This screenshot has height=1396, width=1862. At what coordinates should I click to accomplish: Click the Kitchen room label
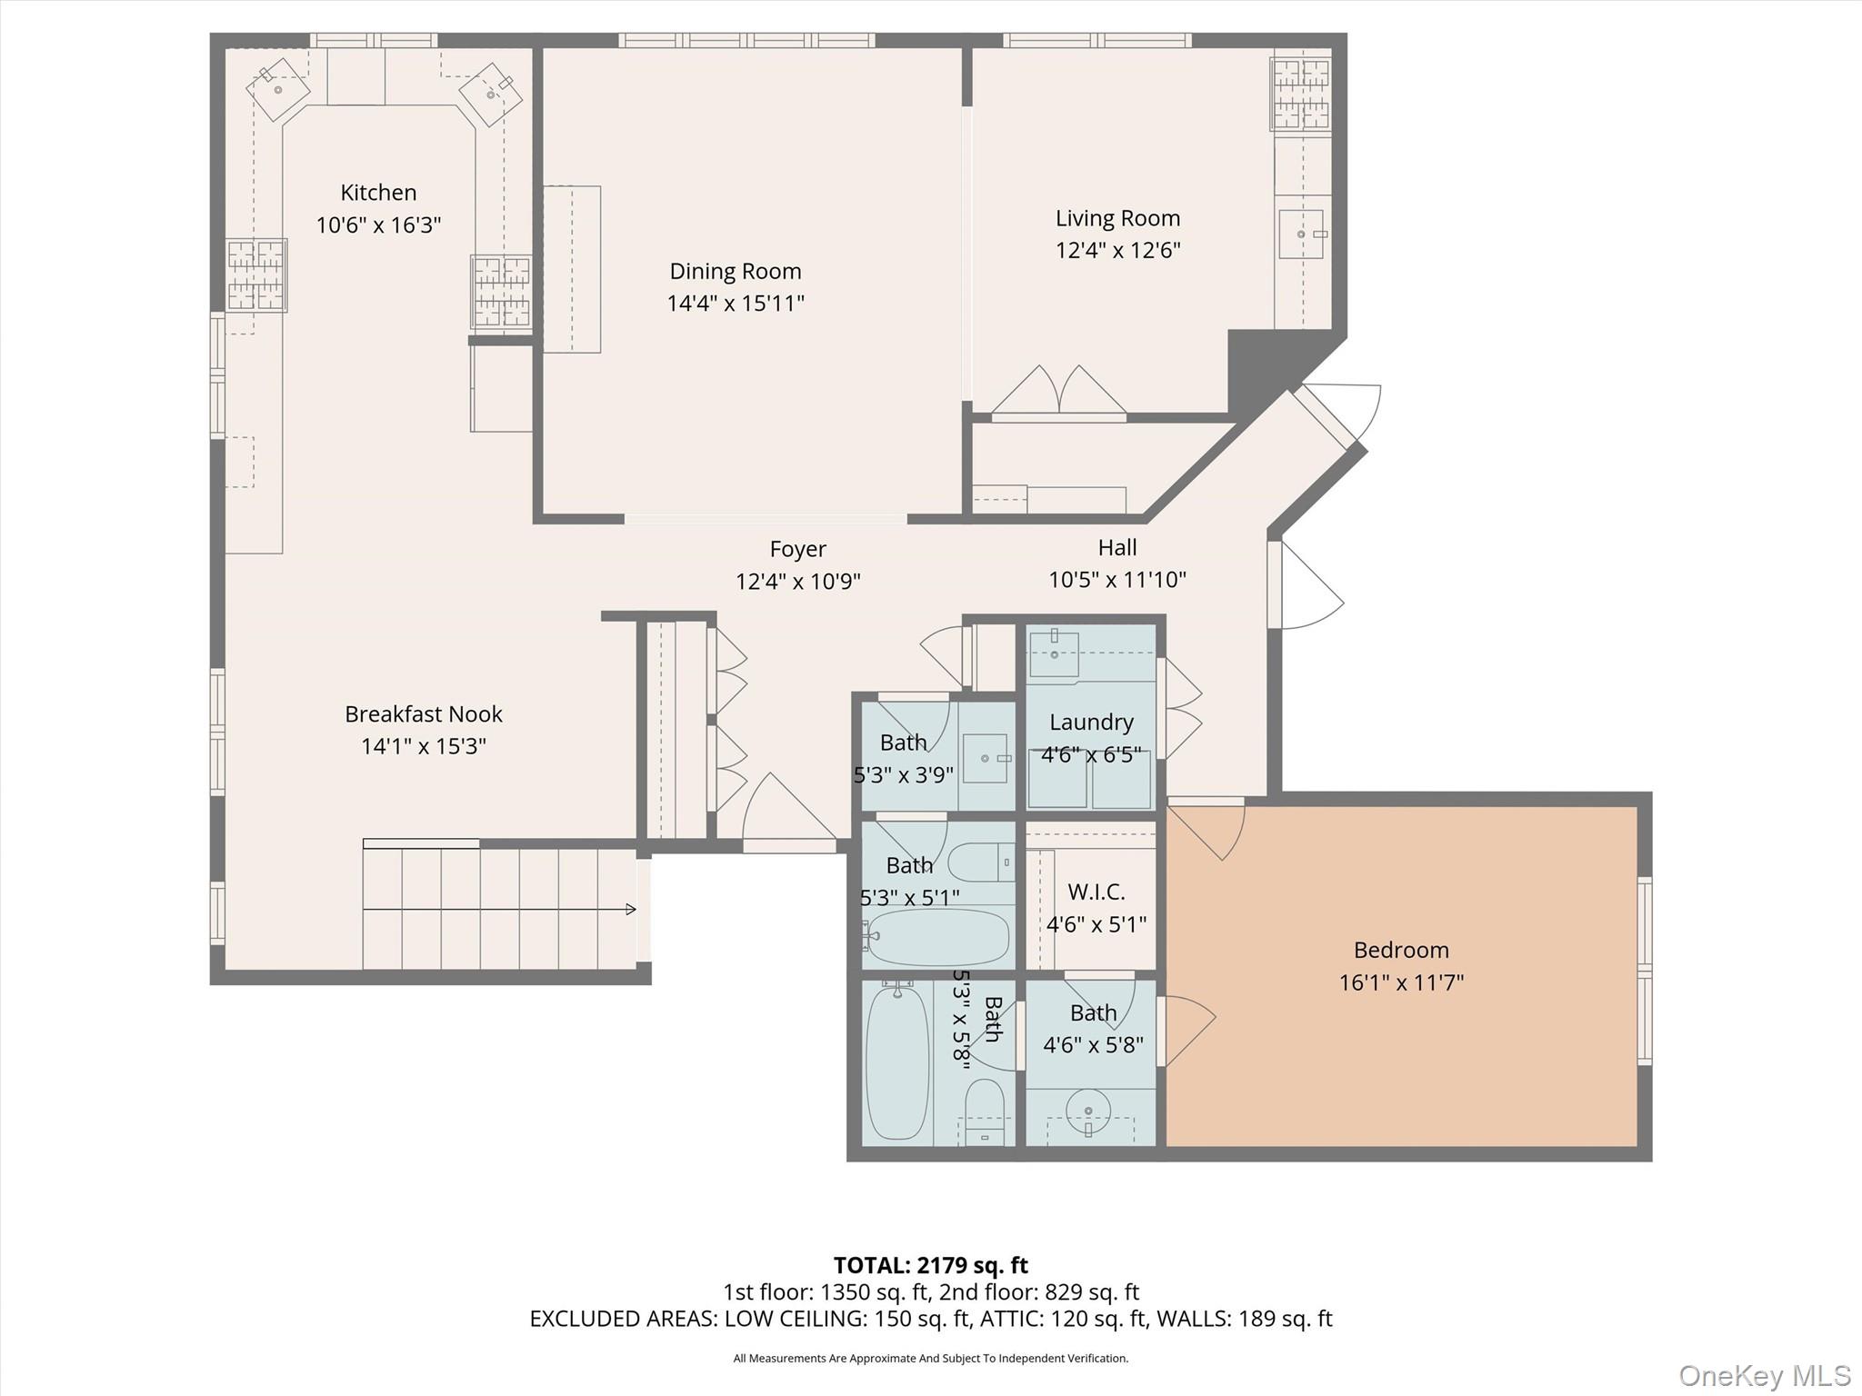pos(378,193)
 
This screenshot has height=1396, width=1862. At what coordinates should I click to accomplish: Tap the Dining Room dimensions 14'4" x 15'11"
pos(736,303)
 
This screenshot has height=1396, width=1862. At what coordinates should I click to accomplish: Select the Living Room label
pos(1117,218)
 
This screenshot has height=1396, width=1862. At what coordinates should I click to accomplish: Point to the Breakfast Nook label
pos(424,714)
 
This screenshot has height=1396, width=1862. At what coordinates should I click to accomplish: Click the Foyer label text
pos(798,550)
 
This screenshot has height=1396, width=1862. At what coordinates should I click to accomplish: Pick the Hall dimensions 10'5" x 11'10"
pos(1117,579)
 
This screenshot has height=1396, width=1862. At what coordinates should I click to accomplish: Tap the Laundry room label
pos(1091,723)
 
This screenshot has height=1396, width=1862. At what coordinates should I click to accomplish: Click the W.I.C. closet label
pos(1096,892)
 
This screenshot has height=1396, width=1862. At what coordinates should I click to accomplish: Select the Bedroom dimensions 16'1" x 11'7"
pos(1401,982)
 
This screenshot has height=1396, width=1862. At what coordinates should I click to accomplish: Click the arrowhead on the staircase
pos(632,909)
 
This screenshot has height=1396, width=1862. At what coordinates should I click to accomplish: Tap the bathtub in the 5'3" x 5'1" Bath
pos(937,937)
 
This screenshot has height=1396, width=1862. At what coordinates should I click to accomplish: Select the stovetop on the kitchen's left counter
pos(256,274)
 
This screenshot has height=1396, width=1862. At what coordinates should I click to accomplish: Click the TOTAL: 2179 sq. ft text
pos(930,1264)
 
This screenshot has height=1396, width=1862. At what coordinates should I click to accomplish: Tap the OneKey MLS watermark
pos(1764,1375)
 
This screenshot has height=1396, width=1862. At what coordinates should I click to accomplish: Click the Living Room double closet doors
pos(1059,392)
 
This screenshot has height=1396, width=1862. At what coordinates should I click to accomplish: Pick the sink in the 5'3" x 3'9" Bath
pos(986,758)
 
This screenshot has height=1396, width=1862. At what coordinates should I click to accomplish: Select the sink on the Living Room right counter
pos(1301,234)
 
